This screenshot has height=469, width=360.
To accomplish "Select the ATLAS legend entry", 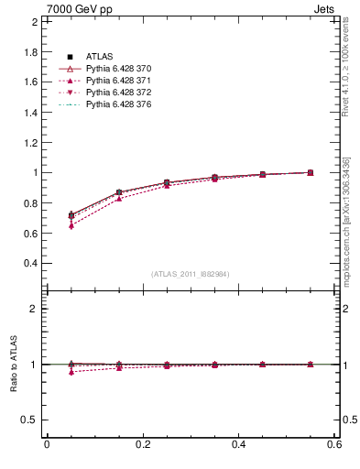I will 99,57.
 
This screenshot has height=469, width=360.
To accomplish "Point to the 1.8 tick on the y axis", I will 30,51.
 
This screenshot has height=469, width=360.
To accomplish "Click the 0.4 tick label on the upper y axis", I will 30,263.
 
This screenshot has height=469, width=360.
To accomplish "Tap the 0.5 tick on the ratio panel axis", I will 30,420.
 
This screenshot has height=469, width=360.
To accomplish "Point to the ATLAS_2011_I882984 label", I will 191,274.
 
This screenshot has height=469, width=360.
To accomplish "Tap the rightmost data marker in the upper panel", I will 311,172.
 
